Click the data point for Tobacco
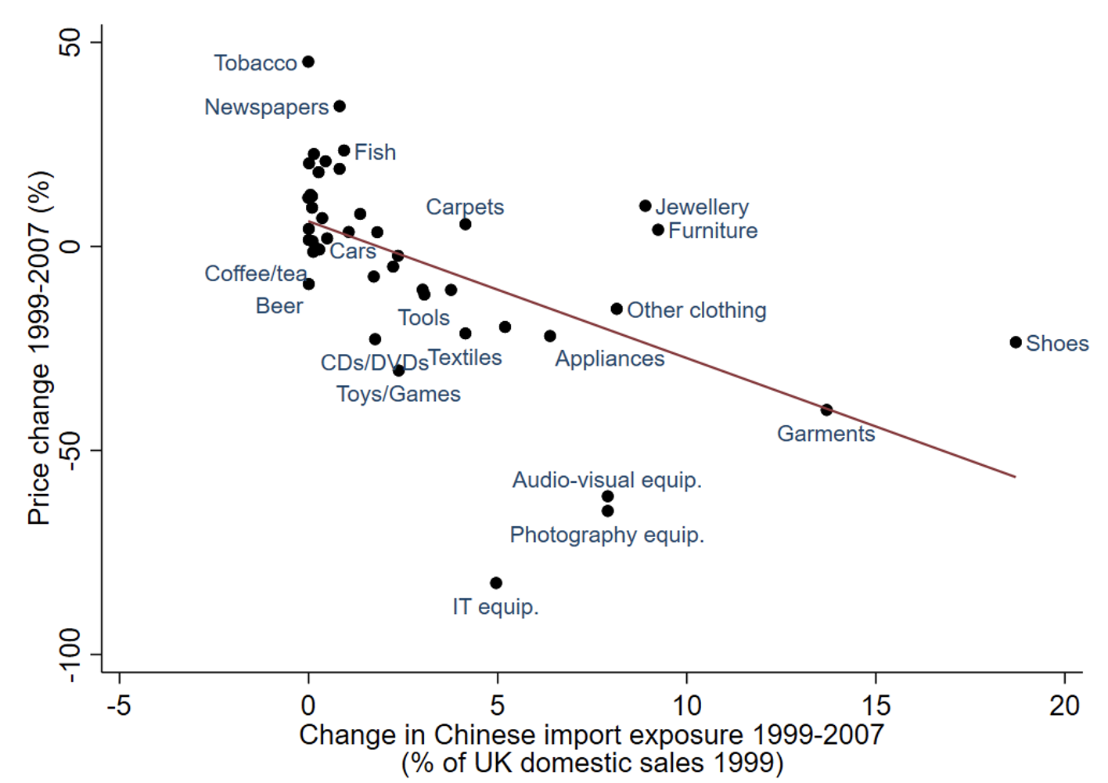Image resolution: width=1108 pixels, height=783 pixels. (x=308, y=62)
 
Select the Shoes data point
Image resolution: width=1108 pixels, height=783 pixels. (x=1016, y=342)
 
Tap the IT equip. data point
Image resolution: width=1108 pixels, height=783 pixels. (x=496, y=583)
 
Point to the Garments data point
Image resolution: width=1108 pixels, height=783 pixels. (x=826, y=410)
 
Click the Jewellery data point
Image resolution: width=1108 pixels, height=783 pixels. (x=646, y=206)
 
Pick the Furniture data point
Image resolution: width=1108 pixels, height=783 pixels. (x=658, y=230)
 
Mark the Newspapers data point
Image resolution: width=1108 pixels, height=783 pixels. (x=340, y=106)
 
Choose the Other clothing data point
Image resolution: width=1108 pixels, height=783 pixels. (x=617, y=309)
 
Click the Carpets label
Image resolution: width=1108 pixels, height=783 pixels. (x=465, y=207)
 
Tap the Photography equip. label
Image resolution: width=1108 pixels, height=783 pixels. (x=607, y=535)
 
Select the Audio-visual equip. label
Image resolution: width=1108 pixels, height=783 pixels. (x=607, y=480)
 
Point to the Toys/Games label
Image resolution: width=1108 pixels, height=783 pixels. (x=398, y=394)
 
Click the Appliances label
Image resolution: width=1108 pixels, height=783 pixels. (x=610, y=359)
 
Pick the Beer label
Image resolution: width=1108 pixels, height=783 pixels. (x=279, y=306)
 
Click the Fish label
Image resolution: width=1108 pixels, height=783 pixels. (x=375, y=152)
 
